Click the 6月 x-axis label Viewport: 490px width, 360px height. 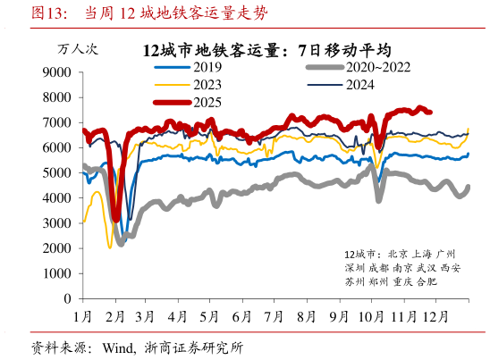(x=241, y=316)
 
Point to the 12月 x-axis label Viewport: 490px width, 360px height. (x=436, y=316)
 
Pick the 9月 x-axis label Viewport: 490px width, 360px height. (x=338, y=316)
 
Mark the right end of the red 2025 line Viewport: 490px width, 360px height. (x=431, y=112)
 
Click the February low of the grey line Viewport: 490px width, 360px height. (x=122, y=238)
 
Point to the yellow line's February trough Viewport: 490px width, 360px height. (x=110, y=246)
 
